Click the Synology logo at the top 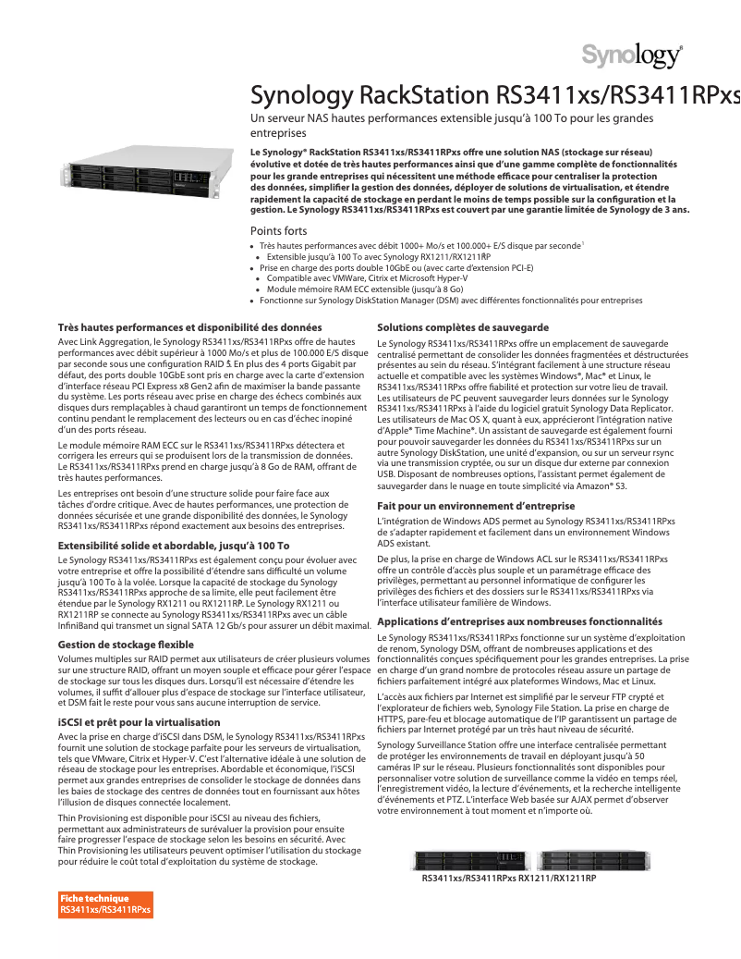632,56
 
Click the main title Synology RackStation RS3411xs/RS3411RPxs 496,96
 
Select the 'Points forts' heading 279,230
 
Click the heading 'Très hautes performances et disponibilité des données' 189,327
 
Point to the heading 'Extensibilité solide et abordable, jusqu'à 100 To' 174,546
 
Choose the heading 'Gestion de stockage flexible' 126,644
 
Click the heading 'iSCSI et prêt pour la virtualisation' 139,720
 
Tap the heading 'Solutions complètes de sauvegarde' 463,328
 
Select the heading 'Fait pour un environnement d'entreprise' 476,506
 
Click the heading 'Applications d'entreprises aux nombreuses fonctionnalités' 519,622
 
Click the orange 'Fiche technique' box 105,904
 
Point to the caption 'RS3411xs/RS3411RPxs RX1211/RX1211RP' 509,877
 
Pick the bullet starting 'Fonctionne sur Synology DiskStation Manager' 451,301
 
